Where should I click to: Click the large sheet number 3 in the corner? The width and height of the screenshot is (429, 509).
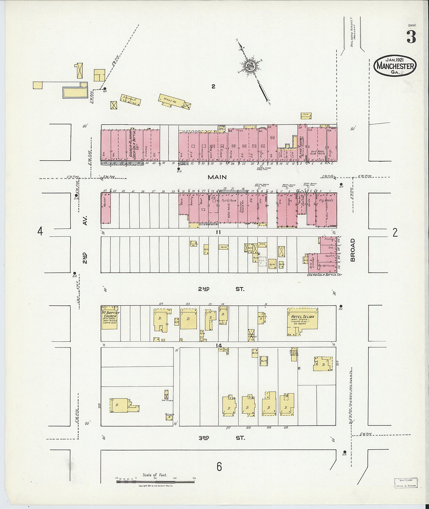click(x=411, y=37)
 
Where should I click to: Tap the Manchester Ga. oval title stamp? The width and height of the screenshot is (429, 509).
click(x=395, y=66)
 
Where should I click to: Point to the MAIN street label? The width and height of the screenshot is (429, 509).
click(x=217, y=177)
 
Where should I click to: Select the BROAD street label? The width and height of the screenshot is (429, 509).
click(x=353, y=250)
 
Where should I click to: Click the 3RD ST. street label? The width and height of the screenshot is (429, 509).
click(x=221, y=438)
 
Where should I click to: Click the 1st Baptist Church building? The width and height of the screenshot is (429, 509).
click(x=110, y=318)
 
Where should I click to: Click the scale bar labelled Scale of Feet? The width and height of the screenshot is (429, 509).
click(x=155, y=479)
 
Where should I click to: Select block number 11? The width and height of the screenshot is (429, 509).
click(x=219, y=232)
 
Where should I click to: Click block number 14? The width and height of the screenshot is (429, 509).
click(x=219, y=345)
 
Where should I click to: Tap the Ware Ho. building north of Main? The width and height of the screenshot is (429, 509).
click(x=174, y=102)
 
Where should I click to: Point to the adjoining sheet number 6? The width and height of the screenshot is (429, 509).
click(x=219, y=466)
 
